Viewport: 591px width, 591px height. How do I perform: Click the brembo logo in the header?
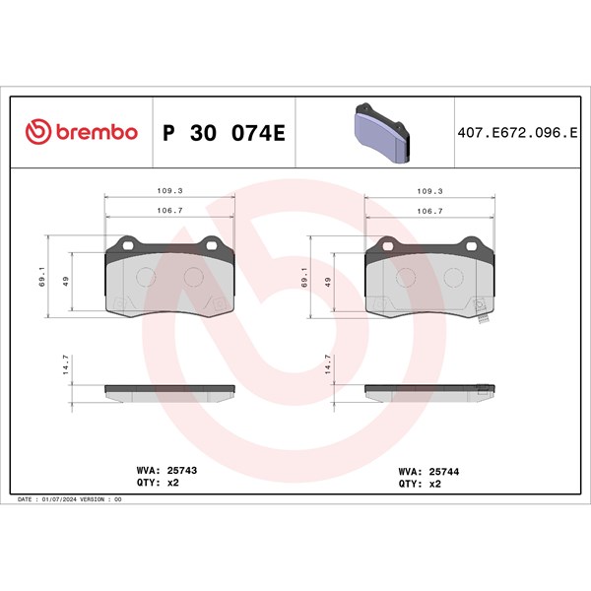coord(82,132)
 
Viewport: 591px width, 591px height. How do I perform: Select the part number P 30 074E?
coord(224,133)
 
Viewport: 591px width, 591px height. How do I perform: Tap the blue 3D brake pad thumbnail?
coord(381,133)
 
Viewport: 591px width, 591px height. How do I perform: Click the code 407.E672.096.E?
coord(517,133)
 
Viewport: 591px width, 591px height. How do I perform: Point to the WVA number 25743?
coord(182,471)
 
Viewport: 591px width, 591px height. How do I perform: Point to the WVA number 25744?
coord(444,472)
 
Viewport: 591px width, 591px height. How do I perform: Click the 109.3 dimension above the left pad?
coord(169,191)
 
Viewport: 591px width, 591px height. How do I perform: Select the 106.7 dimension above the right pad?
coord(429,211)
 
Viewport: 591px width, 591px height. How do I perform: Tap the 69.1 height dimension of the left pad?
coord(41,276)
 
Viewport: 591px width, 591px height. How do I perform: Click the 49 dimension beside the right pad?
coord(328,282)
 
